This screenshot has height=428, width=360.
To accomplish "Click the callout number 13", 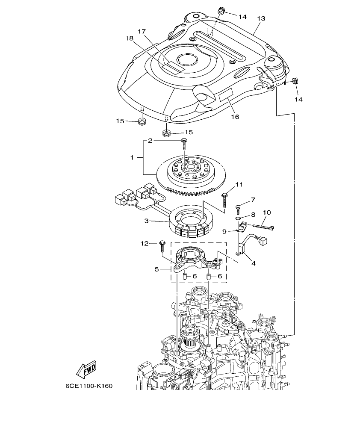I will [x=261, y=18].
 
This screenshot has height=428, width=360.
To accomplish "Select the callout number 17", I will [x=142, y=31].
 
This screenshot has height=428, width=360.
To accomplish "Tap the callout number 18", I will [x=129, y=38].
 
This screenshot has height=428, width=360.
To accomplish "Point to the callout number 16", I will [x=235, y=116].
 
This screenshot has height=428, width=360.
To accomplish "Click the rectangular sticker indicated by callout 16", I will [x=226, y=95].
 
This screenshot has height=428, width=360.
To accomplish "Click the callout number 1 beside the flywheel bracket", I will [x=132, y=158].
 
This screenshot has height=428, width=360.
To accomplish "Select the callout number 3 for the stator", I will [x=146, y=221].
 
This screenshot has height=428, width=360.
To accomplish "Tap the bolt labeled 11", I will [x=224, y=197].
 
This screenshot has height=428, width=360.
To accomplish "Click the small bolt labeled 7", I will [x=239, y=208].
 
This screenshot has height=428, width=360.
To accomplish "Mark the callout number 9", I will [x=224, y=231].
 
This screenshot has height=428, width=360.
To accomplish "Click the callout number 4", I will [x=253, y=263].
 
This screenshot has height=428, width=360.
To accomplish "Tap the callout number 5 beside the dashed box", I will [x=156, y=270].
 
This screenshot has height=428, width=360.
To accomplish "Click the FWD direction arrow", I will [x=86, y=369].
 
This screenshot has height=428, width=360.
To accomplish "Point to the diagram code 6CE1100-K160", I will [x=89, y=386].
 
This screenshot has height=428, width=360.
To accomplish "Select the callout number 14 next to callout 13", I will [x=242, y=17].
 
